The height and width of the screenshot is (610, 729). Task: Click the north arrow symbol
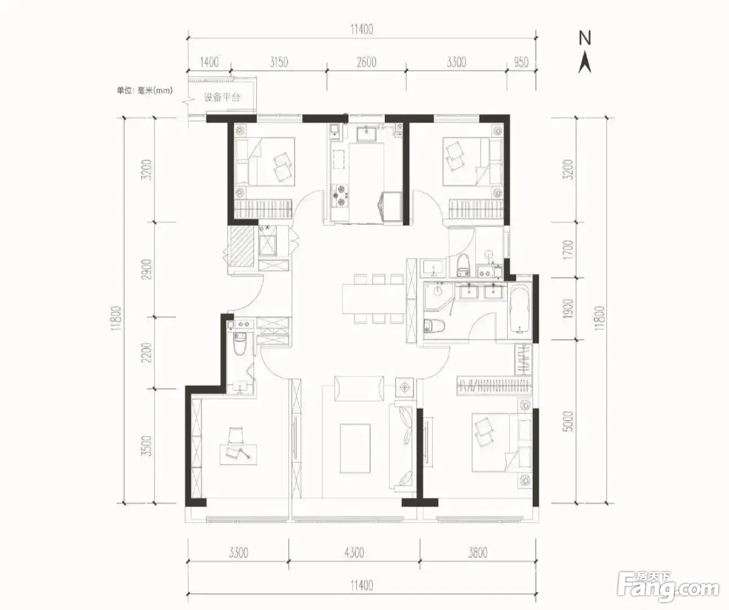click(585, 64)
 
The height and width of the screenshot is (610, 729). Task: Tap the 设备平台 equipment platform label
click(222, 97)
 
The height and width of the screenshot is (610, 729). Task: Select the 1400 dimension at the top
click(209, 62)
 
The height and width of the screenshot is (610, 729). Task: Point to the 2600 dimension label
click(367, 62)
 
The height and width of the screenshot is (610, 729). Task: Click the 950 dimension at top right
click(521, 62)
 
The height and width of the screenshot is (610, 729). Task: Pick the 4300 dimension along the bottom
click(354, 552)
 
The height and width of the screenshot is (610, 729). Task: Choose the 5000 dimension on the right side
click(568, 421)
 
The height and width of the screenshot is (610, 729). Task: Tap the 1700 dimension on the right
click(568, 250)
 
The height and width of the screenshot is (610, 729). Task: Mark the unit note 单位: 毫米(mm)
click(144, 90)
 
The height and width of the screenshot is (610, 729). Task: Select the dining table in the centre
click(374, 299)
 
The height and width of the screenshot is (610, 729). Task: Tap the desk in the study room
click(239, 455)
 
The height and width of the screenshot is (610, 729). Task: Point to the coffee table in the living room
click(355, 448)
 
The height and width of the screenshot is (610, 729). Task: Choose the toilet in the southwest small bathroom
click(239, 343)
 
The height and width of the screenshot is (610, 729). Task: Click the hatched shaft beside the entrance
click(241, 246)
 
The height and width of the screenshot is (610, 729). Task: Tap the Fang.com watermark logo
click(667, 589)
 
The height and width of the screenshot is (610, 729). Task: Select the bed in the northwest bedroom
click(265, 161)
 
